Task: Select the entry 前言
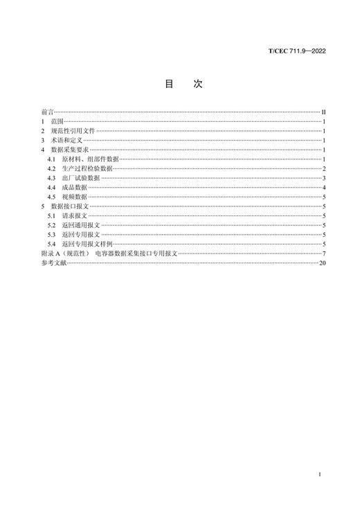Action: pyautogui.click(x=47, y=111)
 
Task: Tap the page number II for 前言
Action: pyautogui.click(x=323, y=111)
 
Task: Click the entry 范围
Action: pyautogui.click(x=57, y=120)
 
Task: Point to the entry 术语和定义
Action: pyautogui.click(x=66, y=140)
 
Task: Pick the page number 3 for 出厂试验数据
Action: pyautogui.click(x=324, y=178)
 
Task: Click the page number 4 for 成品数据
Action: pyautogui.click(x=324, y=188)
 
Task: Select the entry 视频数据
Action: pyautogui.click(x=75, y=197)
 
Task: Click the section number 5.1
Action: pyautogui.click(x=52, y=216)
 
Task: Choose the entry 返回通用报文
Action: pyautogui.click(x=80, y=226)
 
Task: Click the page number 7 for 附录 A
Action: pyautogui.click(x=324, y=254)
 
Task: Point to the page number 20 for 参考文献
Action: pyautogui.click(x=322, y=264)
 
